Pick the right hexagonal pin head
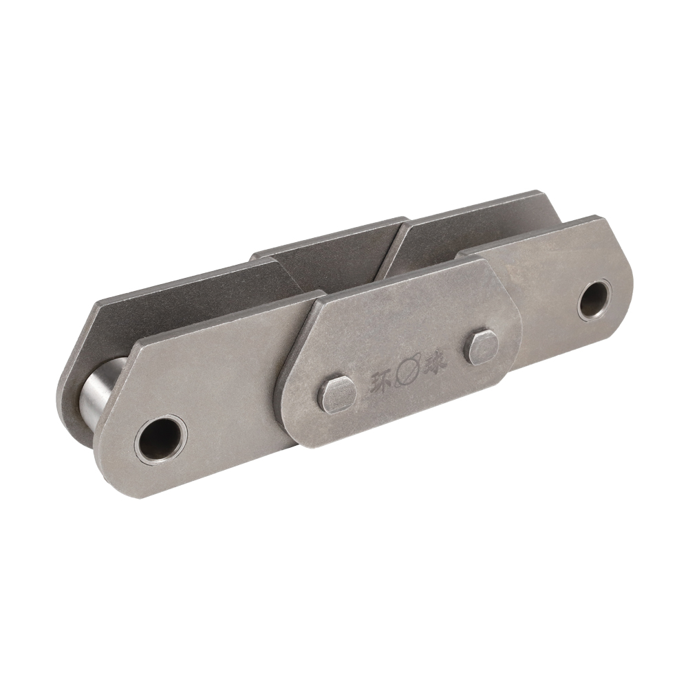(x=482, y=346)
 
